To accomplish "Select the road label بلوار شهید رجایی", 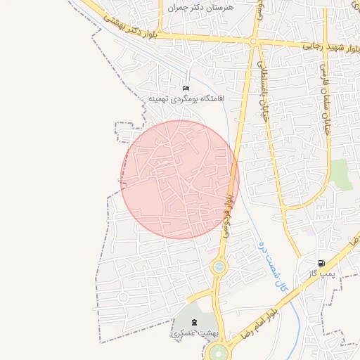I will click(330, 45).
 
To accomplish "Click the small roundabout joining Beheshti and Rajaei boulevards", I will click(253, 41).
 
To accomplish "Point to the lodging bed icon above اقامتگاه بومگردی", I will click(186, 88).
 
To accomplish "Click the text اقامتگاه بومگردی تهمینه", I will click(185, 99).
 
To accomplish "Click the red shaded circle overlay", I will click(180, 179).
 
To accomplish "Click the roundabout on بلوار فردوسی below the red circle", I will click(219, 266).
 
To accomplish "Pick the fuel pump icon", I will click(321, 264).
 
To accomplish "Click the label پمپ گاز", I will click(324, 274).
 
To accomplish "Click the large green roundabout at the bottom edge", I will click(220, 354).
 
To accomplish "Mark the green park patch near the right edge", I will click(342, 174).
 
